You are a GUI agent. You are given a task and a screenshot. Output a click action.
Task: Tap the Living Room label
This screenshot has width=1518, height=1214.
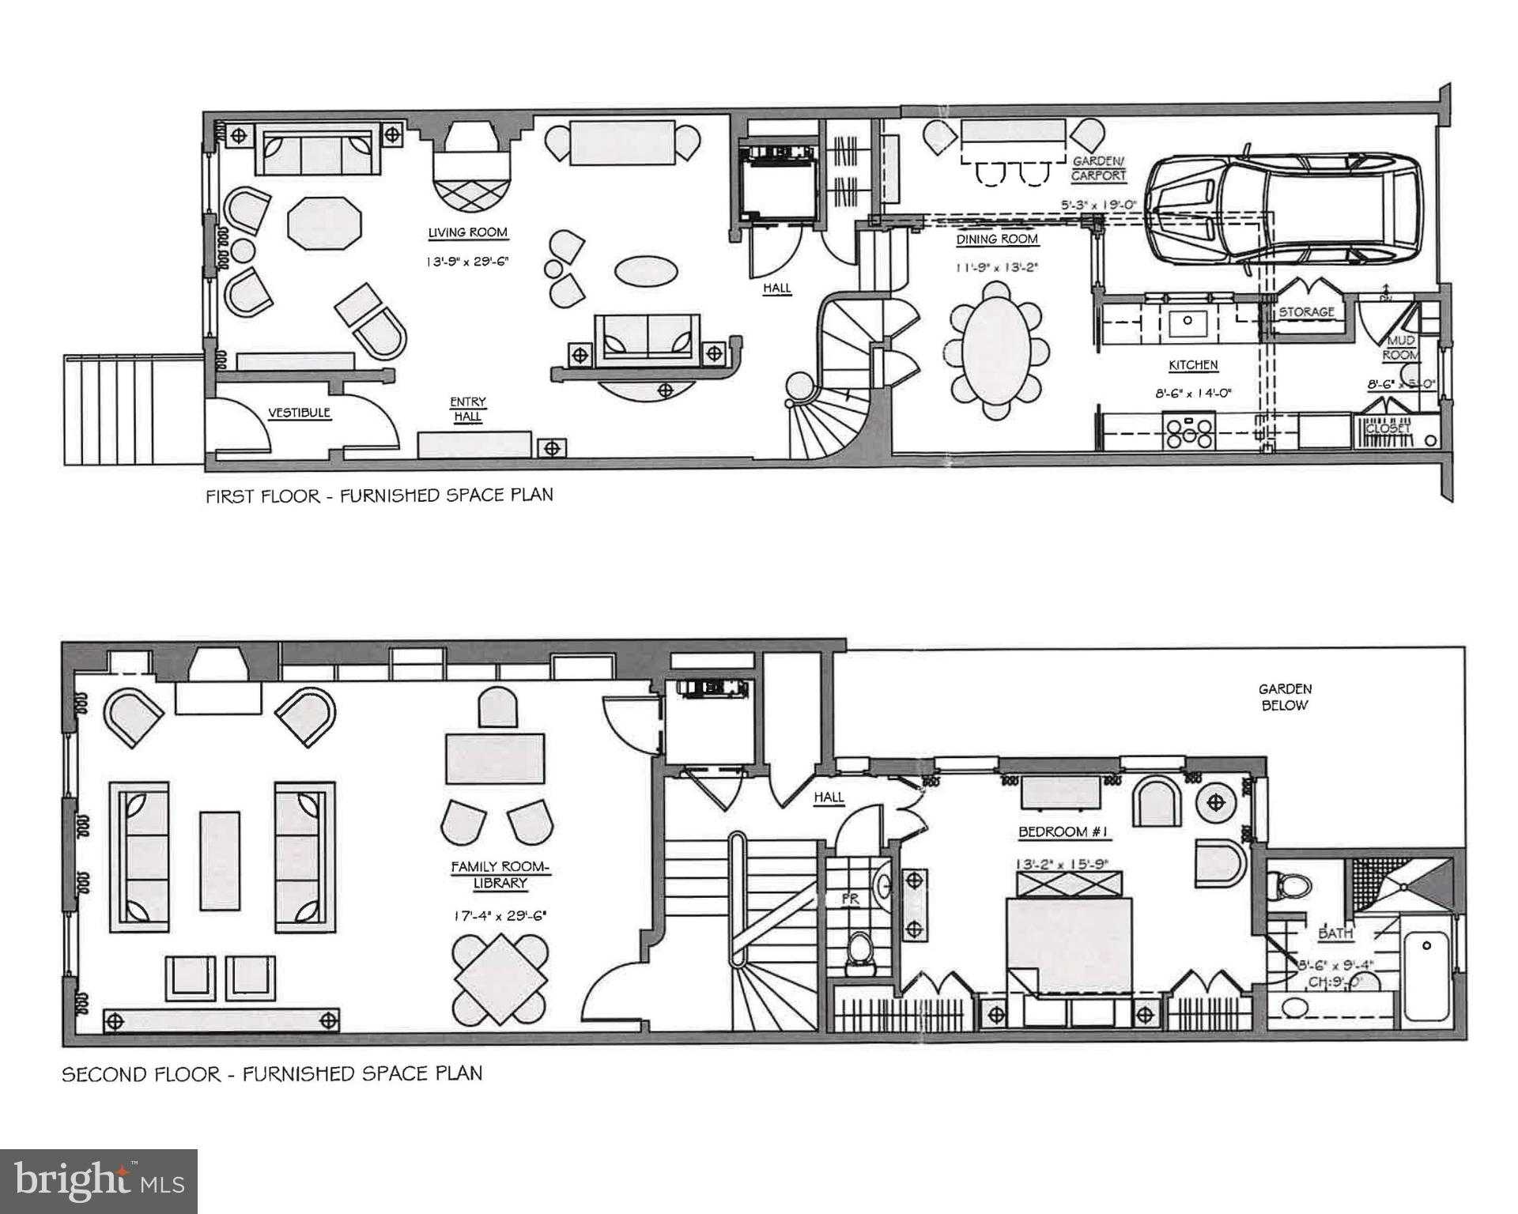pos(467,232)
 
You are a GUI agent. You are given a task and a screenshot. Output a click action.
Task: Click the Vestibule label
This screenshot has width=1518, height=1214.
pos(299,413)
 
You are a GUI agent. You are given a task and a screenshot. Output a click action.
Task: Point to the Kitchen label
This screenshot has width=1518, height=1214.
pos(1193,365)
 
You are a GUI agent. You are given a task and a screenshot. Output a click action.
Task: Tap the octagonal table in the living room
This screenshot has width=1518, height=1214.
pos(324,224)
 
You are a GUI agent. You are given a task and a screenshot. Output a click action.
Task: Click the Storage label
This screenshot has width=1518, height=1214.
pos(1306,312)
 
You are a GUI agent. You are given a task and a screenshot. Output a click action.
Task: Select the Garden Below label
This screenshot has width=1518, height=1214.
pos(1285,697)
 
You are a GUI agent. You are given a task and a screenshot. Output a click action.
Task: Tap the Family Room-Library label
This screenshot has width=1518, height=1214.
pos(500,875)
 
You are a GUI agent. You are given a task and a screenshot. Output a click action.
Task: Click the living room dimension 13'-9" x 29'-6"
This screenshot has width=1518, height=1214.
pos(467,260)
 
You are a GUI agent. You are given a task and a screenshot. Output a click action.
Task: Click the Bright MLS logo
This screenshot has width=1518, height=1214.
pos(99,1181)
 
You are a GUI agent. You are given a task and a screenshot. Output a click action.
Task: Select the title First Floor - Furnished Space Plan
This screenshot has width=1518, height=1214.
pos(379,496)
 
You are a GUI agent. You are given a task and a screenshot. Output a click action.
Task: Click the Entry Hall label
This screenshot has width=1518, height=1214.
pos(468,409)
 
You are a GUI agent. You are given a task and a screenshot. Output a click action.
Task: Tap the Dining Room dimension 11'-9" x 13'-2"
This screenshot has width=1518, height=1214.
pos(996,268)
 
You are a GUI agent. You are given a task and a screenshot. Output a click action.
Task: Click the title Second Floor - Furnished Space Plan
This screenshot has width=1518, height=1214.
pos(272,1074)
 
